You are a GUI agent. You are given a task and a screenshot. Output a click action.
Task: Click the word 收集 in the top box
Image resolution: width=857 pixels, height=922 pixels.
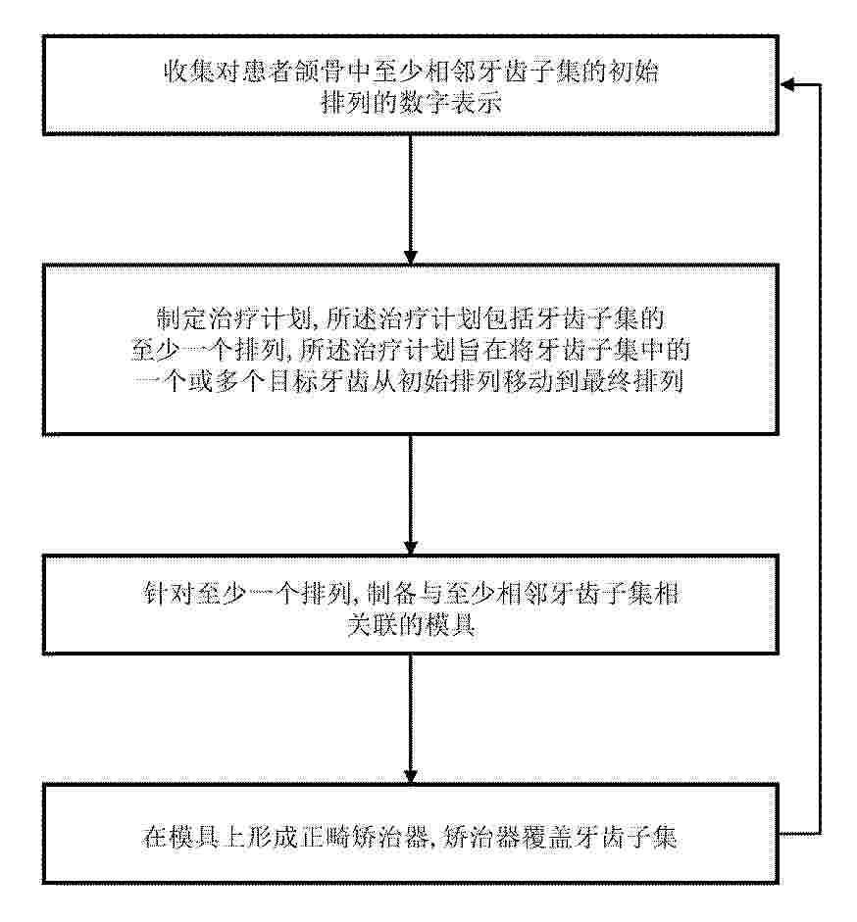(187, 73)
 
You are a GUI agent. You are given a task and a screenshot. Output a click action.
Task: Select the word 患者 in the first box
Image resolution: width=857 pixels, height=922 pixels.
(264, 73)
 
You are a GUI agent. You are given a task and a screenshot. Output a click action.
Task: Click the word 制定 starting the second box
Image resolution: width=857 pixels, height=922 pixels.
(181, 318)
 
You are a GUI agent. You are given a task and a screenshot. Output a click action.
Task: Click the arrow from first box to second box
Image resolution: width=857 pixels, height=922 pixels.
(410, 200)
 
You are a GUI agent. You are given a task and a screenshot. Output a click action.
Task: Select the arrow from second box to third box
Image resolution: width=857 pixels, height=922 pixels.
(410, 495)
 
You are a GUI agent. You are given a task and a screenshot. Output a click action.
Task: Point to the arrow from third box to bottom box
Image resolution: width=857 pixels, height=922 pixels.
(410, 718)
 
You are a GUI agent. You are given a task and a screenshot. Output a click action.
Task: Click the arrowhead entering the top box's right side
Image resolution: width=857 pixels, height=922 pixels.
(787, 85)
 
